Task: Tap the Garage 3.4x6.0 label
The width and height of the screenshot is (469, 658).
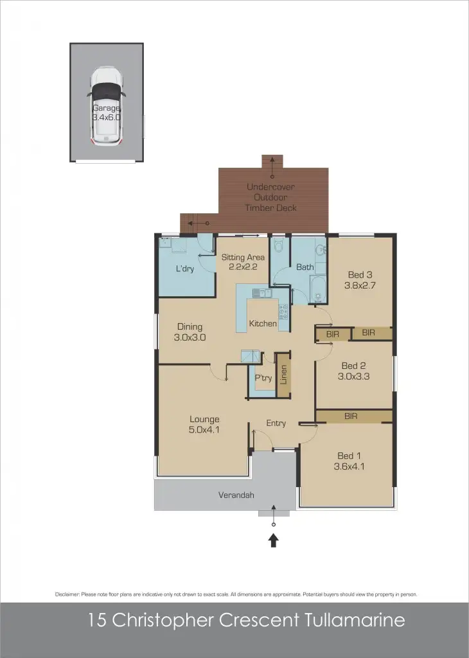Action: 107,113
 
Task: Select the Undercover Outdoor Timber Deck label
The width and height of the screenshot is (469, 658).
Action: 271,197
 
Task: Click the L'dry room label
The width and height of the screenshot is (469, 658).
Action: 185,269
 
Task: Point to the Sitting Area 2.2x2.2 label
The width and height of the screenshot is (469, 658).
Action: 243,262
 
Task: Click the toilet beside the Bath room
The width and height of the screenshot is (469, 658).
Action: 278,247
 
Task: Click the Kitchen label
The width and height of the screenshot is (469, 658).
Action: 263,324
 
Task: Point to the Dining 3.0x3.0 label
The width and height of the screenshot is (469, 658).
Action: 190,332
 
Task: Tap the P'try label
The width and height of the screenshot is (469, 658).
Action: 263,378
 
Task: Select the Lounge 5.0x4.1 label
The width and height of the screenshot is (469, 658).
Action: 204,425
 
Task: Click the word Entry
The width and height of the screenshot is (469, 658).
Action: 276,423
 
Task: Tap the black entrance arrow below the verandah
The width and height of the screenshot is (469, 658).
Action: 274,541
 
